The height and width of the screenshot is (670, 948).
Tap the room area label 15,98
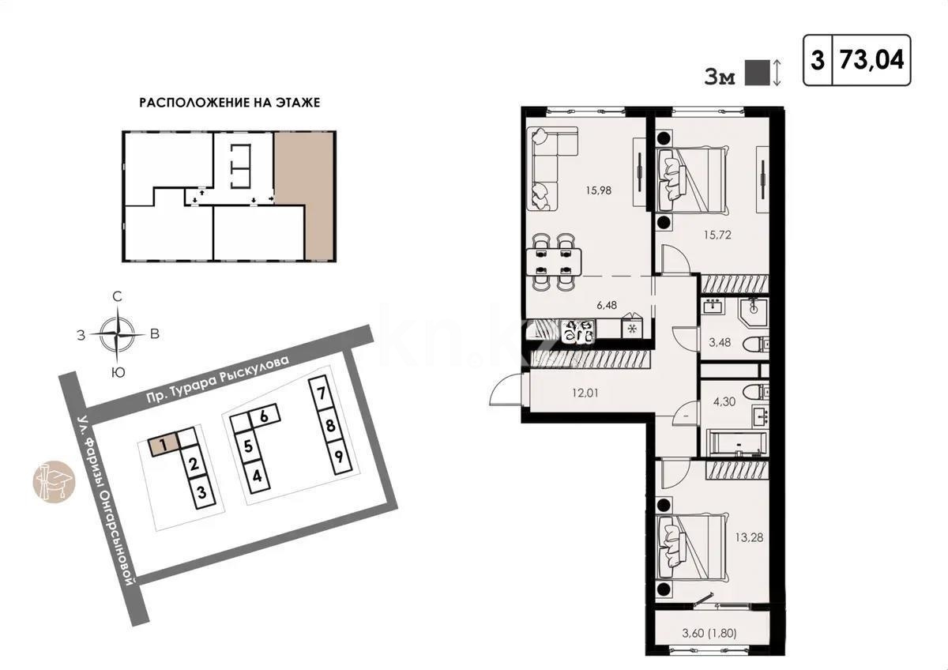click(x=600, y=190)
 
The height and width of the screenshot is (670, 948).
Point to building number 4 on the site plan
click(x=257, y=476)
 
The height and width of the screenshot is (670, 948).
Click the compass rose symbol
click(x=117, y=333)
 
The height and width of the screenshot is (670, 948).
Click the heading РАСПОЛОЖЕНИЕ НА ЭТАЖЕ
click(x=230, y=103)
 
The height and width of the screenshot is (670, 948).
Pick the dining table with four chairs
click(x=552, y=261)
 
